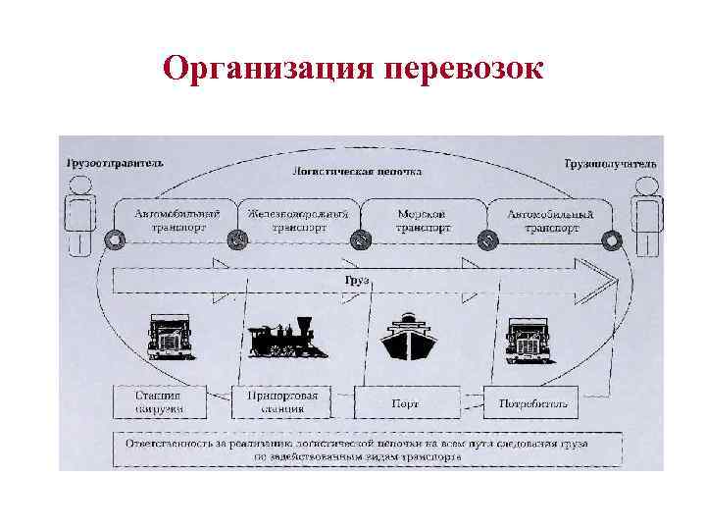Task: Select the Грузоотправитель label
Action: click(114, 163)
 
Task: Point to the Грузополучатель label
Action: click(610, 164)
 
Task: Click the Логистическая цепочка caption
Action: click(357, 171)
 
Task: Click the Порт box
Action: click(406, 401)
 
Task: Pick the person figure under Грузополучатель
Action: click(645, 221)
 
